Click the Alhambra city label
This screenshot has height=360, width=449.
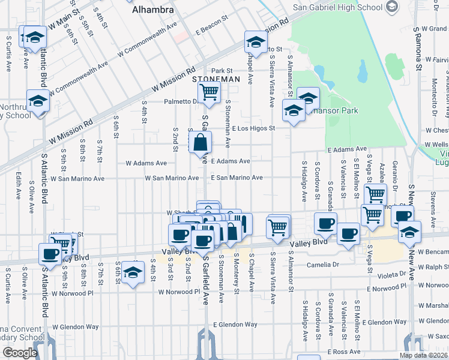pyautogui.click(x=153, y=10)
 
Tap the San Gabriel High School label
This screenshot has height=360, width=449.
pyautogui.click(x=337, y=7)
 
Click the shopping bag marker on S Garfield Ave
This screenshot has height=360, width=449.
pyautogui.click(x=200, y=143)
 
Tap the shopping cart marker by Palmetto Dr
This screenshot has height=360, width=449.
pyautogui.click(x=209, y=92)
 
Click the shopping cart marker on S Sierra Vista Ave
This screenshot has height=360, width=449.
pyautogui.click(x=278, y=227)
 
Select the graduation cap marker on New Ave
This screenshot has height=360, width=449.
pyautogui.click(x=409, y=232)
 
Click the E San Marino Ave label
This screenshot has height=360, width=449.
pyautogui.click(x=237, y=178)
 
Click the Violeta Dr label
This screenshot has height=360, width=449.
pyautogui.click(x=393, y=274)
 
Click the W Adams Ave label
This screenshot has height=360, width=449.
pyautogui.click(x=146, y=163)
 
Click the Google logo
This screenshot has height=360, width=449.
pyautogui.click(x=20, y=353)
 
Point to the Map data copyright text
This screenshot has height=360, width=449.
pyautogui.click(x=423, y=355)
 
